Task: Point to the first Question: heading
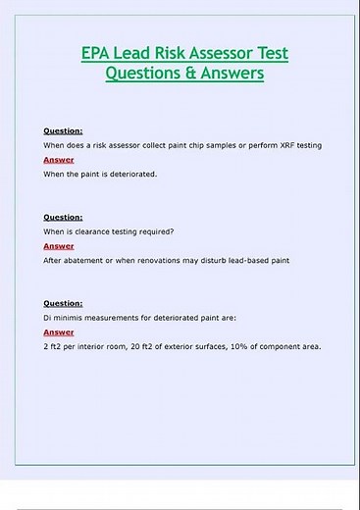tap(63, 130)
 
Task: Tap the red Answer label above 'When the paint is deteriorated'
tap(58, 159)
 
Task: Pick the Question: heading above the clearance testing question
tap(63, 217)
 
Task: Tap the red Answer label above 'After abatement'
tap(58, 246)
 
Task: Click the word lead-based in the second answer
tap(240, 260)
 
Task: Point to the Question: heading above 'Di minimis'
tap(63, 304)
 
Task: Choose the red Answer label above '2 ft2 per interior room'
tap(58, 332)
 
